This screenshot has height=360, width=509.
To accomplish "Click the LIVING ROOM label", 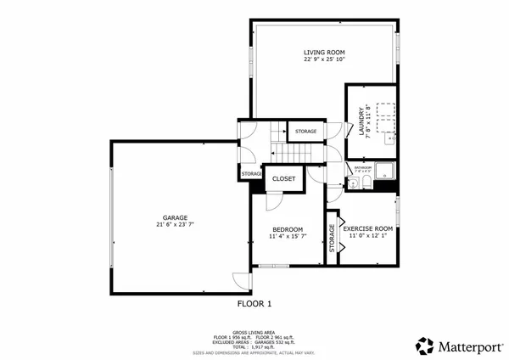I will (318, 52).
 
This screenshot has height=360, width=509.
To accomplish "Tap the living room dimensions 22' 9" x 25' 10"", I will (318, 59).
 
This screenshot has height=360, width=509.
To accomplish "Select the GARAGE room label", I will (176, 217).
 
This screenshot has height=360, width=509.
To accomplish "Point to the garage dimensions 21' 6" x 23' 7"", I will (176, 225).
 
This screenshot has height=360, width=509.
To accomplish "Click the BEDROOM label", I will (288, 229).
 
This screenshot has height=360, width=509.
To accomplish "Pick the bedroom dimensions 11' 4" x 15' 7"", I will (288, 237).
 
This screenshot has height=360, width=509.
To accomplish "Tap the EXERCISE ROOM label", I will (367, 228).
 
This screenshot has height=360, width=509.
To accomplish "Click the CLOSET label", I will (283, 178).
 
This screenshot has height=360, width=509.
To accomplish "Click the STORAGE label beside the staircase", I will (306, 132).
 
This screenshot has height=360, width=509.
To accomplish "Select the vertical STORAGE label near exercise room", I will (332, 243).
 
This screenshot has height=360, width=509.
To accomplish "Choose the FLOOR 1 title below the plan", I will (254, 303).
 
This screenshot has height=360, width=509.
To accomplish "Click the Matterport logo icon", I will (424, 346).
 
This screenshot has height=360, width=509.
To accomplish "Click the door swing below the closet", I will (273, 200).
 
